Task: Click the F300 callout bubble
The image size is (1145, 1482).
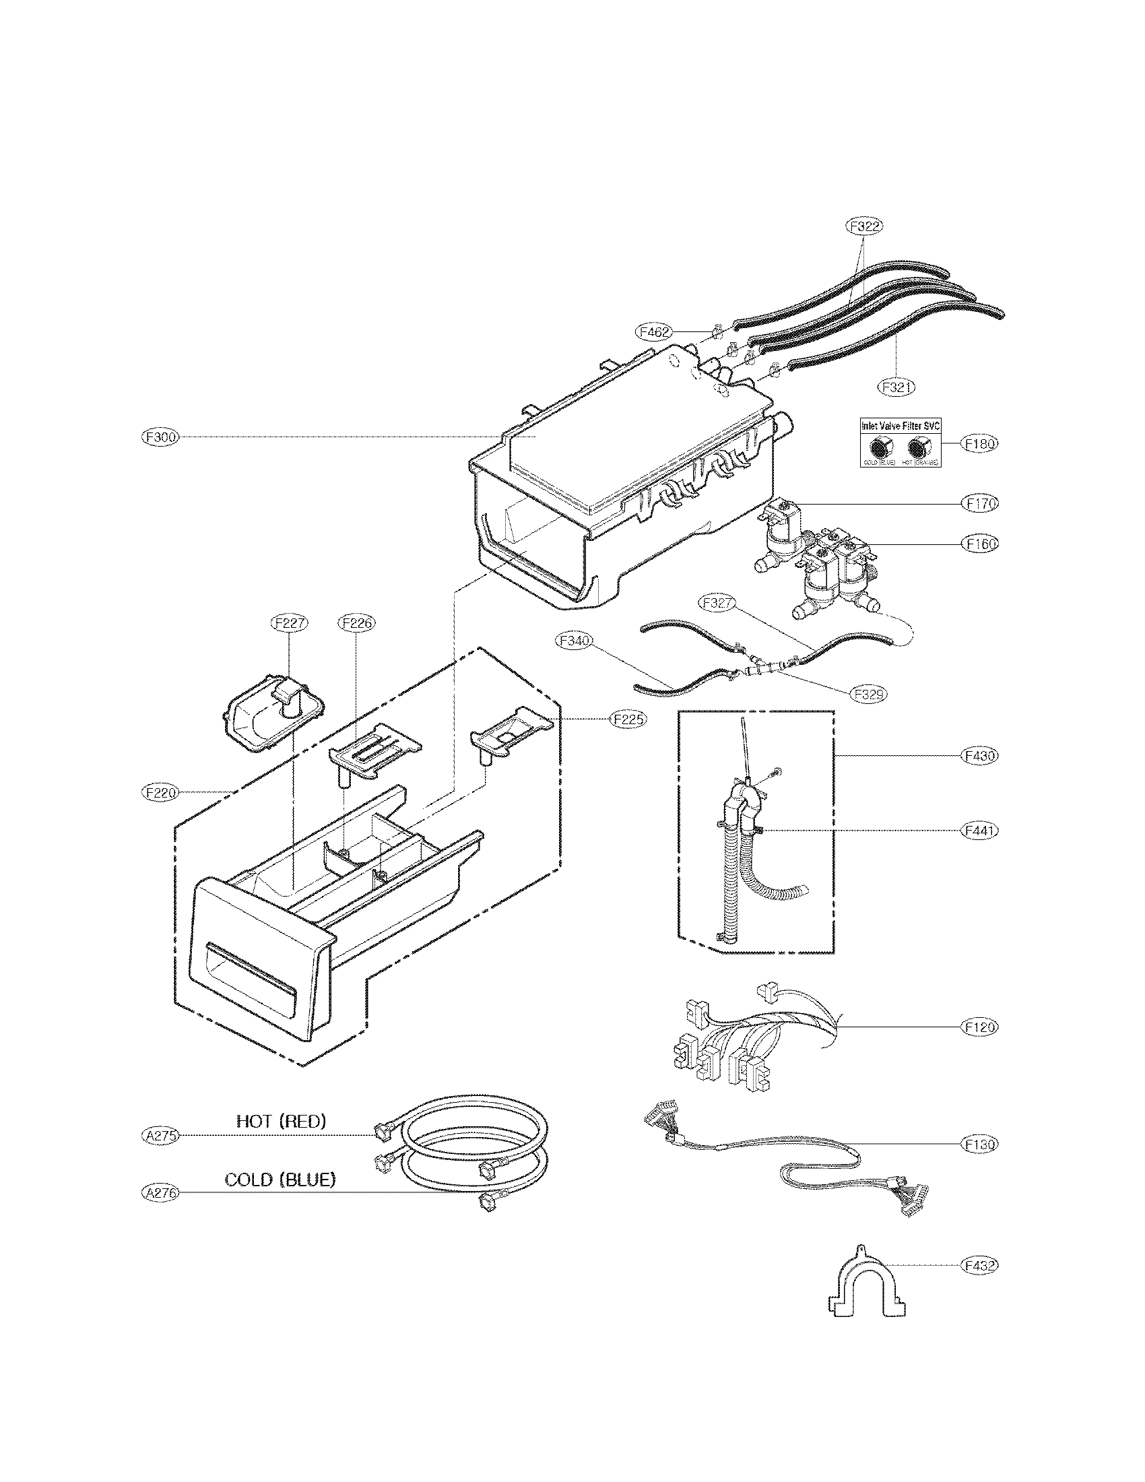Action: [x=159, y=438]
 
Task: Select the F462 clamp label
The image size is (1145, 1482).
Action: [x=653, y=332]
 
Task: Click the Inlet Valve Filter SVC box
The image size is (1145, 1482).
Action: [x=900, y=443]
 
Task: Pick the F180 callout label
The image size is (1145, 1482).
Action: [x=980, y=444]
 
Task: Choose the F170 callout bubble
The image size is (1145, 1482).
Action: [x=980, y=503]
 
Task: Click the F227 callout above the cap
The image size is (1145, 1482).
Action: [x=290, y=622]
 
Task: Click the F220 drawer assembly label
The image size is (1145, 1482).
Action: [x=159, y=792]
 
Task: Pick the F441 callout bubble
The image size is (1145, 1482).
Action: [x=980, y=830]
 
